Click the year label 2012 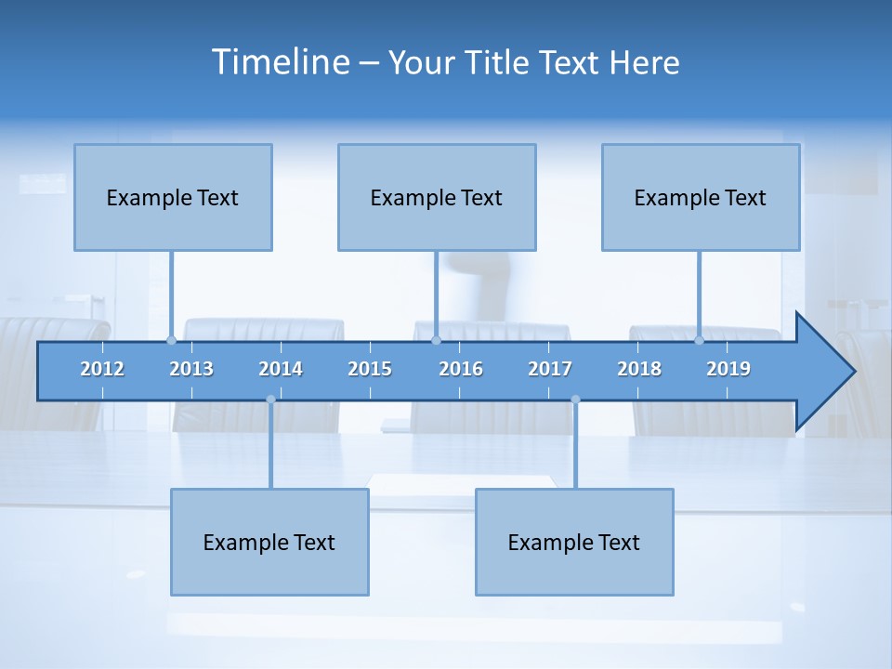pos(102,369)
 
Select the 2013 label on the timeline pos(191,369)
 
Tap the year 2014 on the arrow pos(281,369)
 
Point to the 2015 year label pos(370,369)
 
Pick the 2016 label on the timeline pos(461,369)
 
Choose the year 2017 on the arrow pos(550,369)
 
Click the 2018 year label pos(639,369)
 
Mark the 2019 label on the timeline pos(728,369)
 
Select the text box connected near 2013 pos(173,197)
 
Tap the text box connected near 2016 pos(437,197)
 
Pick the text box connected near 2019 pos(701,197)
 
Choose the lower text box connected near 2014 pos(269,542)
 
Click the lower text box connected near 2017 pos(574,542)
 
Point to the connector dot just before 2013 pos(171,340)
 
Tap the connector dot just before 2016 pos(436,340)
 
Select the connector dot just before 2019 pos(700,340)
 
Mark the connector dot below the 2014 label pos(270,400)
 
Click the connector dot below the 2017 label pos(575,400)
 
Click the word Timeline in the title pos(280,62)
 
